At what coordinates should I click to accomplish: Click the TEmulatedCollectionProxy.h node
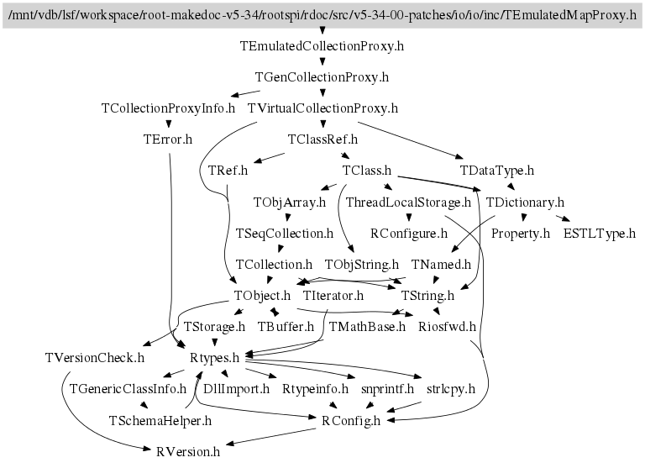pyautogui.click(x=322, y=46)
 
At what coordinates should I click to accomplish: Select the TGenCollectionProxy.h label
pyautogui.click(x=322, y=77)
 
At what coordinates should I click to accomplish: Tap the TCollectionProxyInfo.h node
pyautogui.click(x=168, y=108)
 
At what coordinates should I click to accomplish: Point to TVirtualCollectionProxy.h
pyautogui.click(x=322, y=108)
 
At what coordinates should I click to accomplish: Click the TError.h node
pyautogui.click(x=168, y=139)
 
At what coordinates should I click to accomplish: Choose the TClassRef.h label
pyautogui.click(x=322, y=139)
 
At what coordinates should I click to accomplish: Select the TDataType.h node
pyautogui.click(x=497, y=171)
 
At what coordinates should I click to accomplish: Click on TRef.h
pyautogui.click(x=228, y=171)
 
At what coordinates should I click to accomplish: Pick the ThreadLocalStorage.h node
pyautogui.click(x=408, y=202)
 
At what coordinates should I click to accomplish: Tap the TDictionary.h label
pyautogui.click(x=525, y=202)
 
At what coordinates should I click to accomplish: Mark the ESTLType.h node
pyautogui.click(x=600, y=234)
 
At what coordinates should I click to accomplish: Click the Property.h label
pyautogui.click(x=521, y=234)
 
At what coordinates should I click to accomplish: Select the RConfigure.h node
pyautogui.click(x=408, y=234)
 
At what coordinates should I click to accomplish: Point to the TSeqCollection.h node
pyautogui.click(x=286, y=234)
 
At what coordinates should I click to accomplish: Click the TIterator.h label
pyautogui.click(x=333, y=296)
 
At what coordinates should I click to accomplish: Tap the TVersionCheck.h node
pyautogui.click(x=95, y=358)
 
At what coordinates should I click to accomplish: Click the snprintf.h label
pyautogui.click(x=388, y=389)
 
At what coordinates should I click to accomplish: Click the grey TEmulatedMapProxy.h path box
pyautogui.click(x=322, y=15)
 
